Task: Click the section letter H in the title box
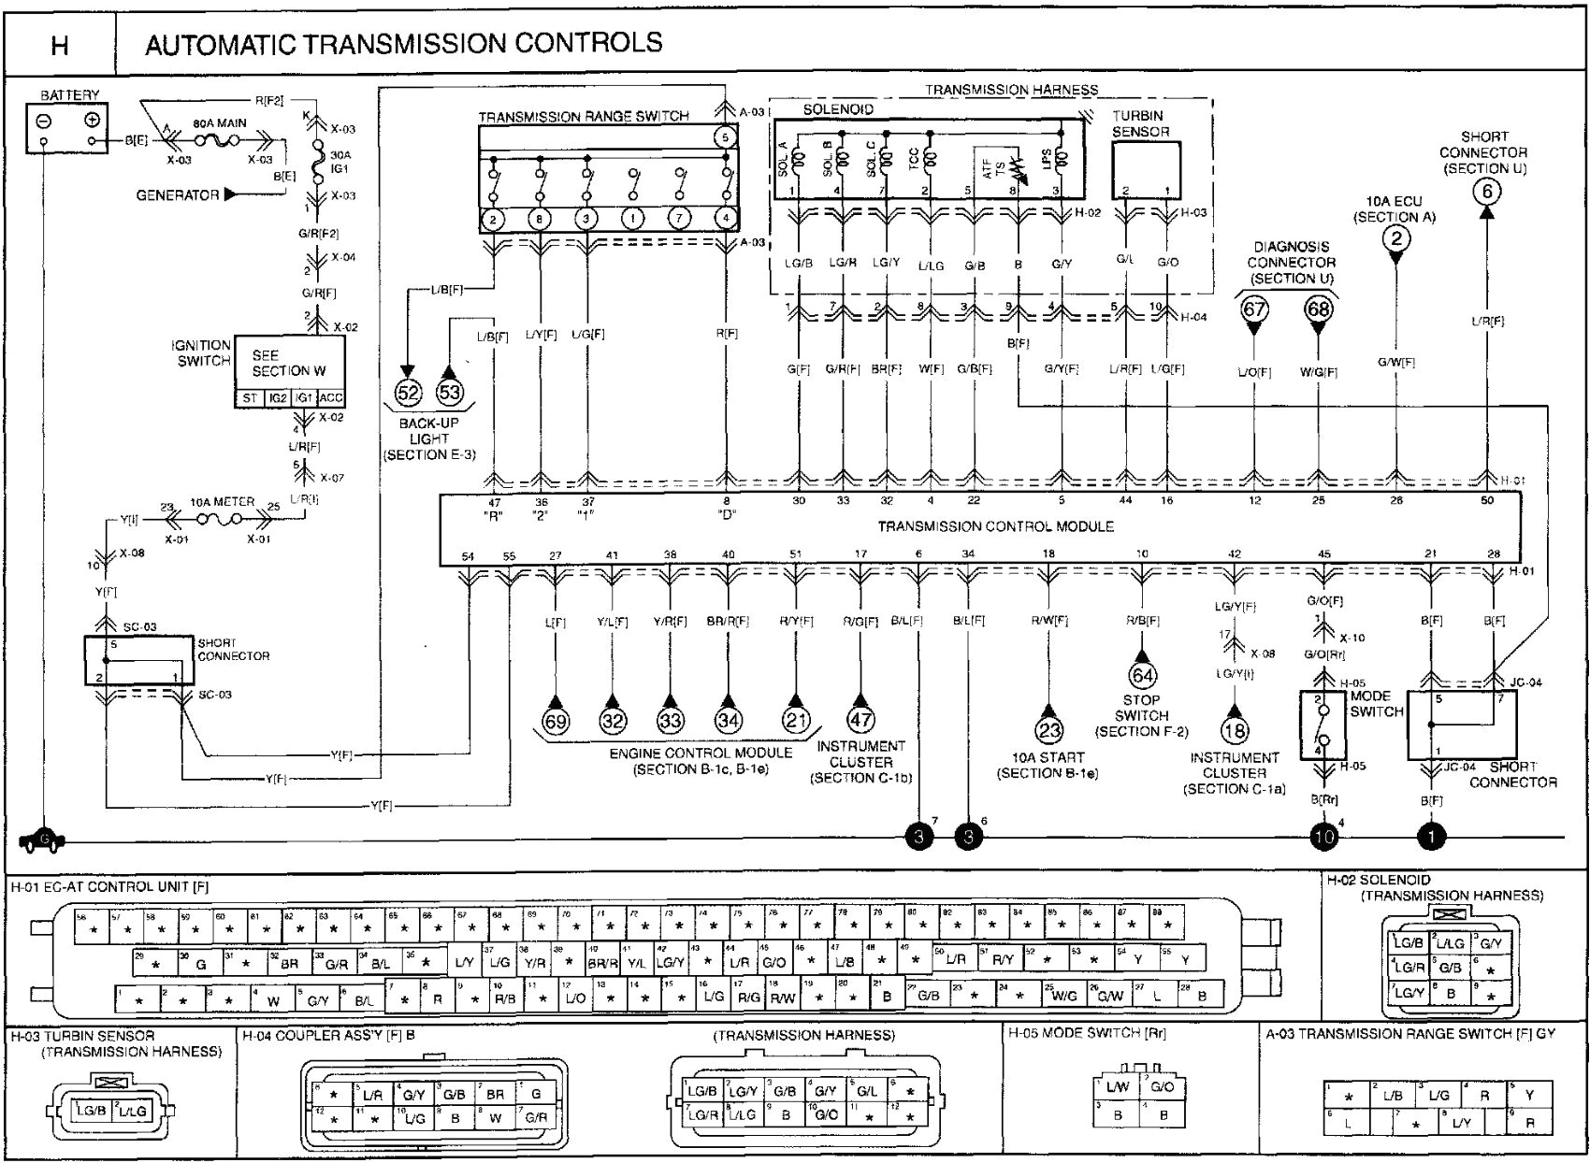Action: [59, 45]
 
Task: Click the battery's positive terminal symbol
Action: [92, 120]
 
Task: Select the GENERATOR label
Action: [178, 195]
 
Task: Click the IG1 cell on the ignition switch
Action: [304, 398]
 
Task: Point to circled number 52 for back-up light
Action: [409, 393]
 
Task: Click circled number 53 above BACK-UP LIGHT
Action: [450, 393]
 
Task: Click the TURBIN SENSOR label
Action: [1140, 124]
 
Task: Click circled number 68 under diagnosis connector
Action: [1318, 309]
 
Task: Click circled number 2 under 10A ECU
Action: [1396, 238]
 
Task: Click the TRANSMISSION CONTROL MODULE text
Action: [995, 526]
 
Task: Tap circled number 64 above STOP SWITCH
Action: [1142, 675]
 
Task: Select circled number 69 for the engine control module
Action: [556, 721]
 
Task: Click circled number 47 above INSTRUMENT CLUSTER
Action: [860, 720]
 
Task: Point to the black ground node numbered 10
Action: [1323, 837]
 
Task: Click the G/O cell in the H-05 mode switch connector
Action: [1161, 1087]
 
